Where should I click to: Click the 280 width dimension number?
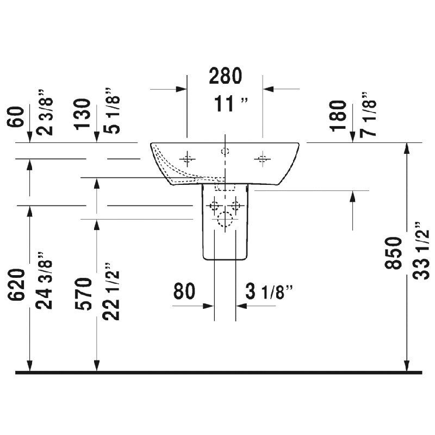coord(225,76)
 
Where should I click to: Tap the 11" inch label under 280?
coord(231,104)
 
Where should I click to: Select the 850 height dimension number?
coord(393,253)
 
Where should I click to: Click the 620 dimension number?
coord(16,284)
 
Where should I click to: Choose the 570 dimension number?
coord(83,294)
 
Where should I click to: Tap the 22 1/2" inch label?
coord(111,291)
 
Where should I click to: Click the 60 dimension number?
coord(16,117)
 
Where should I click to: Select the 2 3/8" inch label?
coord(45,113)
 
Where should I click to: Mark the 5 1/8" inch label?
coord(111,111)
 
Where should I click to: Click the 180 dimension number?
coord(338,115)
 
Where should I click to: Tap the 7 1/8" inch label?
coord(368,114)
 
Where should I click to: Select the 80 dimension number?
coord(184,291)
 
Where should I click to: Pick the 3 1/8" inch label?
coord(269,292)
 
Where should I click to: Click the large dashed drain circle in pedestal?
coord(225,220)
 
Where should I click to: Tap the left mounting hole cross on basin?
coord(187,159)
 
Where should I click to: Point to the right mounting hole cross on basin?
coord(263,159)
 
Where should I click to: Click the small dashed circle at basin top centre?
coord(225,151)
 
